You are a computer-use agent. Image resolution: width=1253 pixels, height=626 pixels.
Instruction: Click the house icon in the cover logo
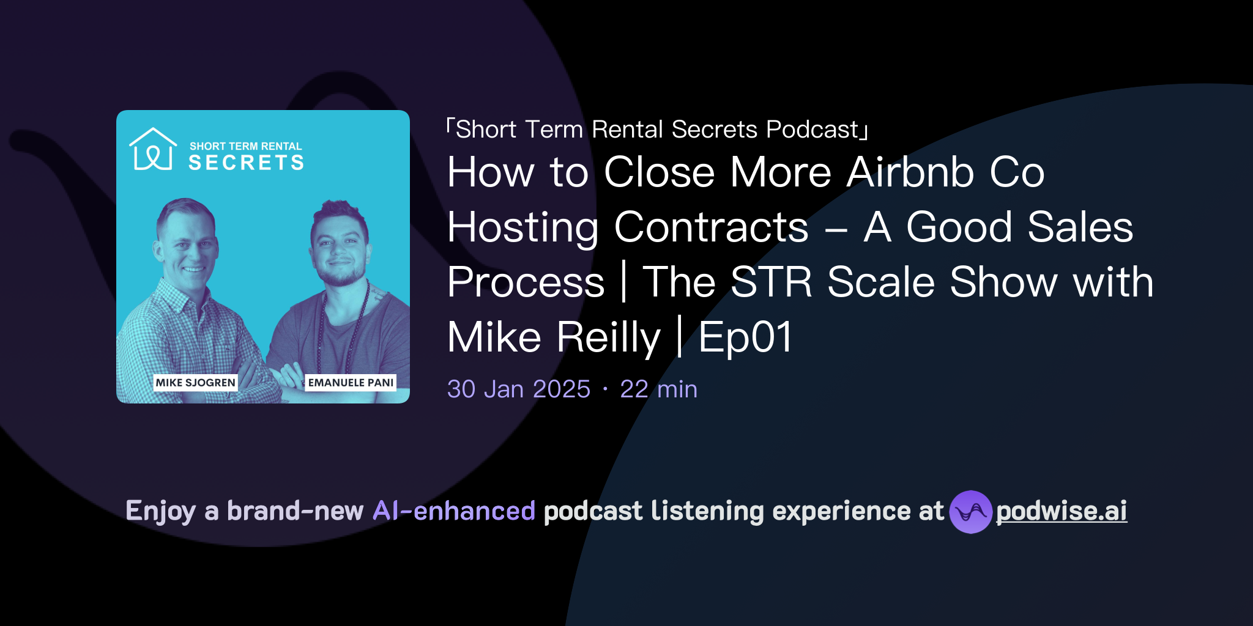(152, 149)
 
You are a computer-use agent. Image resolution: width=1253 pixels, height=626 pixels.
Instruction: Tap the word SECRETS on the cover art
(246, 163)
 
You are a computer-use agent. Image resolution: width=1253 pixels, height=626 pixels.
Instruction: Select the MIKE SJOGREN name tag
(195, 383)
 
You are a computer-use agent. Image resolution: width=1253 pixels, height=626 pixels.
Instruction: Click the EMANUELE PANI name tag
(351, 383)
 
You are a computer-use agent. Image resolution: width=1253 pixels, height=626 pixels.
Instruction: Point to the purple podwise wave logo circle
(970, 512)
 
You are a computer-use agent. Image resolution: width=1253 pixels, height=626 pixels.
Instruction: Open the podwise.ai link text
(1062, 512)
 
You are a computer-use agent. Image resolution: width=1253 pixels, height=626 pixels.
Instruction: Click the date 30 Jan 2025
(518, 389)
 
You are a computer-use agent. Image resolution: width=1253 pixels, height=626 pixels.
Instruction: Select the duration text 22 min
(658, 389)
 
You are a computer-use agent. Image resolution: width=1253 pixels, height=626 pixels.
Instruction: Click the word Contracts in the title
(711, 227)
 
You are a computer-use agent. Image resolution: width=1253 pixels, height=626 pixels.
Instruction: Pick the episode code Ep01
(745, 337)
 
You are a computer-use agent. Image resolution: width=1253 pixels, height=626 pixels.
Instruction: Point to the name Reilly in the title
(609, 337)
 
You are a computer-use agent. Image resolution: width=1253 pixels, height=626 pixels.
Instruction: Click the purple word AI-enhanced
(454, 511)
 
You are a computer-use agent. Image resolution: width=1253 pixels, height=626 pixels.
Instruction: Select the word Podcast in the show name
(812, 130)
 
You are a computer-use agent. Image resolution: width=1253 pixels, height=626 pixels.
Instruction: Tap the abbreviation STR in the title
(771, 282)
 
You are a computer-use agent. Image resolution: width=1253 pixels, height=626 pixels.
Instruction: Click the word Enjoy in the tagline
(161, 511)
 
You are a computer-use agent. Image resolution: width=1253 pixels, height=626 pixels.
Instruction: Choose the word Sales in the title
(1080, 227)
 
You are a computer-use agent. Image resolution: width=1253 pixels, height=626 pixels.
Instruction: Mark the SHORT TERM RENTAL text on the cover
(245, 146)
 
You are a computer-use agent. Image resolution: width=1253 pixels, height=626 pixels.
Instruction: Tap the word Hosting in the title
(522, 227)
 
